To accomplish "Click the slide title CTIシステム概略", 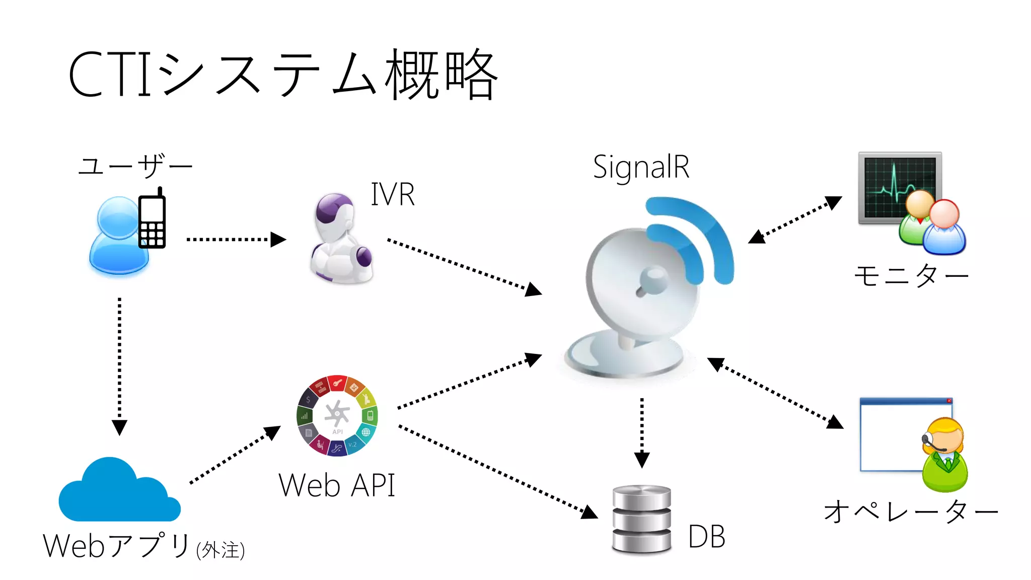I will coord(283,75).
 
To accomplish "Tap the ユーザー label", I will coord(135,165).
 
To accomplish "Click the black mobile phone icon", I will coord(152,220).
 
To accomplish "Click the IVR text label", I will coord(393,194).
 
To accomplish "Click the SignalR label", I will coord(641,167).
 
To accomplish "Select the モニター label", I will coord(911,275).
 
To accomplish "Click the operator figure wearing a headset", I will coord(944,456).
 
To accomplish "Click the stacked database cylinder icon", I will coord(641,520).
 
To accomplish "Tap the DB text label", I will coord(706,537).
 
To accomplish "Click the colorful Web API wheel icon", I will coord(337,415).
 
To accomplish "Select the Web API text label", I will coord(336,485).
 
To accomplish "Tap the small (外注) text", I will coord(220,550).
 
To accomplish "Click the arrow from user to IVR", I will coord(236,240).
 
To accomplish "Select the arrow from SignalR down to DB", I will coord(642,432).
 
